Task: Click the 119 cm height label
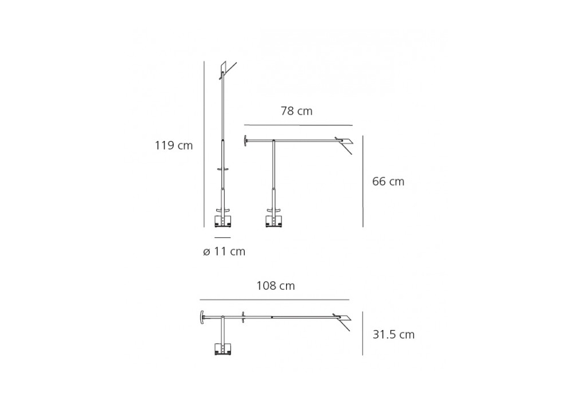[174, 146]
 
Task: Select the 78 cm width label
[296, 111]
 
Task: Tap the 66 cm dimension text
[388, 182]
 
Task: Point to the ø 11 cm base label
[224, 251]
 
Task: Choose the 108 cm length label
[276, 286]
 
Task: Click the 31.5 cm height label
[394, 335]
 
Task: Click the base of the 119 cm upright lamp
[223, 221]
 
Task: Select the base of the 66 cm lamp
[273, 221]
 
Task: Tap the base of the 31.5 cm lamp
[223, 349]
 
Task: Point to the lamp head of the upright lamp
[228, 70]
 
